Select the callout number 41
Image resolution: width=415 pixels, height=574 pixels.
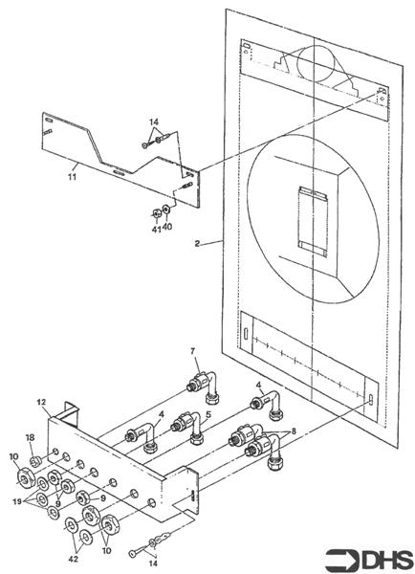(155, 228)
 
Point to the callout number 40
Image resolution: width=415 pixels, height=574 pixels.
(167, 228)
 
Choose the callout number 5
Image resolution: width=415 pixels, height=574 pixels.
(207, 416)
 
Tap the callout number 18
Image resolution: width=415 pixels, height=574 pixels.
(30, 437)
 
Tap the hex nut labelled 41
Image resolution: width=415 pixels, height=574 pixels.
(156, 212)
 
